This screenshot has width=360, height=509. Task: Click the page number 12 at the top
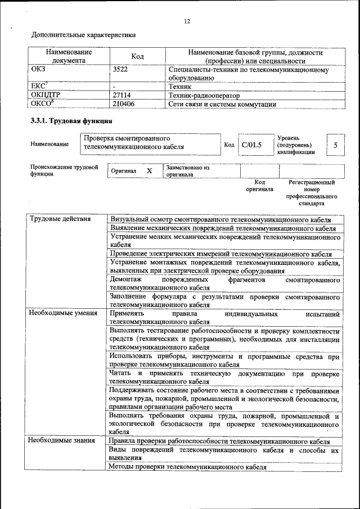(x=187, y=21)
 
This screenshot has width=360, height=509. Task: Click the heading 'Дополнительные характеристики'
(x=83, y=35)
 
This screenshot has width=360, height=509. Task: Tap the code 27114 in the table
(x=122, y=96)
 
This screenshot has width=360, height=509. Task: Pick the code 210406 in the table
(x=124, y=104)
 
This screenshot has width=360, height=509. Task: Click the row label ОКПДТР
(x=45, y=96)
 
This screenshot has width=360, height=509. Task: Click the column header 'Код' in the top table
(x=137, y=56)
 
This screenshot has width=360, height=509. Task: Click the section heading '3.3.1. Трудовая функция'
(x=71, y=121)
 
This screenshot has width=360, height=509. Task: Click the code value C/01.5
(x=251, y=145)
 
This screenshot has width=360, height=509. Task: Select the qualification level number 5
(x=336, y=145)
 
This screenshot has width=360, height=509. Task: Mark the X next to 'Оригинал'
(x=149, y=170)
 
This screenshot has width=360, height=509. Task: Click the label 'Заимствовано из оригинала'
(x=187, y=171)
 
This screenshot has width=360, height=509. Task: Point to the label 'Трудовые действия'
(x=60, y=219)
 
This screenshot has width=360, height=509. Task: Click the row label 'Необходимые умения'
(x=63, y=313)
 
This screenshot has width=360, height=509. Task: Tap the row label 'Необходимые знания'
(x=61, y=441)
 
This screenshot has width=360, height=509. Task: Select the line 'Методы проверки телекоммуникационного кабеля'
(x=187, y=467)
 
